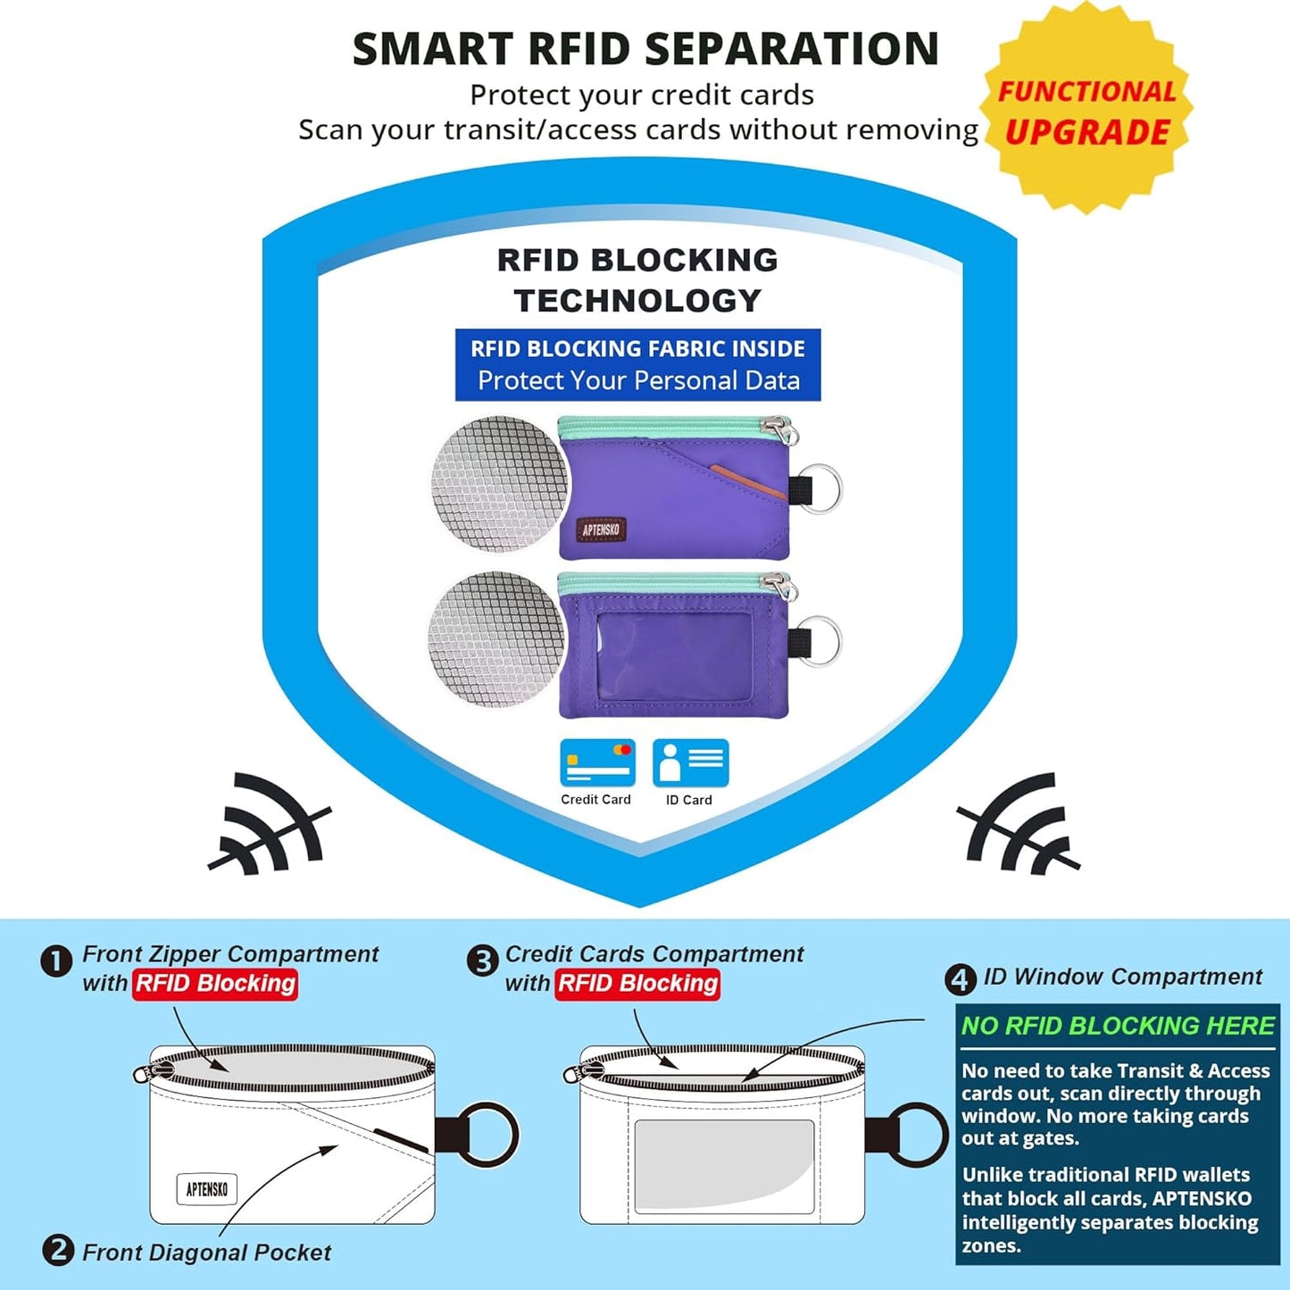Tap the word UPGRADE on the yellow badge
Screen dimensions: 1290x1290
1086,131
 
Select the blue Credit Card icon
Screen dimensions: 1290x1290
597,762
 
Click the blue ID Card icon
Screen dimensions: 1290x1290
690,762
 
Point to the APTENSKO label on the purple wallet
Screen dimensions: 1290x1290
601,529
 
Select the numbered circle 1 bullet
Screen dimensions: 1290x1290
56,962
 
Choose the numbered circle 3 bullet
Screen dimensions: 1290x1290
482,962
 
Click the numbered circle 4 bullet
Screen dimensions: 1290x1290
961,980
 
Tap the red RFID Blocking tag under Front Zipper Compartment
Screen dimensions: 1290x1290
215,984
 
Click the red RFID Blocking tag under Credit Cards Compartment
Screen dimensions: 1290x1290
637,984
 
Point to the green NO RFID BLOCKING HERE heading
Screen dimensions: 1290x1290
1118,1026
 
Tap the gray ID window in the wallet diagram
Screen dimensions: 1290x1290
724,1167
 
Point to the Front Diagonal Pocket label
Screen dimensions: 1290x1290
206,1253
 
